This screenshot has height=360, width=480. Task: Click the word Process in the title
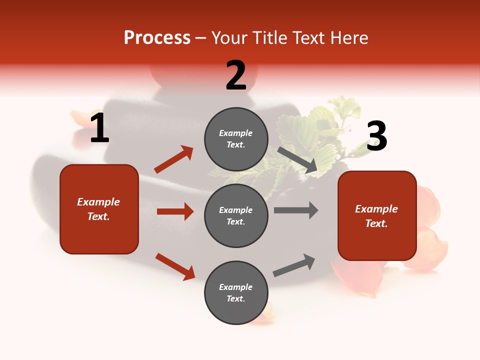click(157, 38)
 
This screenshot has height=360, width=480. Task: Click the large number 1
click(99, 128)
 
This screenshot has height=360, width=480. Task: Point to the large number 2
click(236, 75)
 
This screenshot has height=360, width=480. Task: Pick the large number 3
click(376, 136)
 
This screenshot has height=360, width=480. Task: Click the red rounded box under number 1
click(99, 209)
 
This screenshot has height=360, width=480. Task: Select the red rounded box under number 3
click(377, 215)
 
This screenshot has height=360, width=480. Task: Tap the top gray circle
click(236, 139)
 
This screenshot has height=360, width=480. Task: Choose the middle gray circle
click(236, 215)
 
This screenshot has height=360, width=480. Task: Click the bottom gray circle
click(236, 292)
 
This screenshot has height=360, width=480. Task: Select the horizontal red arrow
click(175, 211)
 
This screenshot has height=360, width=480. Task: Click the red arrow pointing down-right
click(175, 266)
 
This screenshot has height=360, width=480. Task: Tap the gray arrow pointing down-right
click(297, 159)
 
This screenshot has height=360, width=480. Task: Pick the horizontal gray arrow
click(296, 210)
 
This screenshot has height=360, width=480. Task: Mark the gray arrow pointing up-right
click(294, 265)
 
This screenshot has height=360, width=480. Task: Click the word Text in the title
click(307, 38)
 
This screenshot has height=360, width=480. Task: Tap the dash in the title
click(200, 39)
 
